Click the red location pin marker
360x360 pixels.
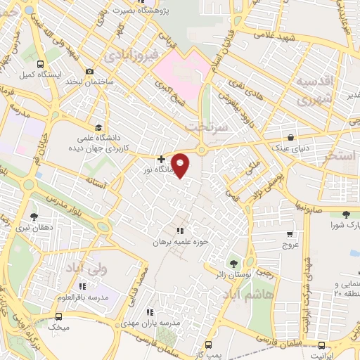tap(181, 165)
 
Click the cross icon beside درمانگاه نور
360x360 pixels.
tap(162, 159)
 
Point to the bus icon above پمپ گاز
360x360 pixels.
tap(207, 345)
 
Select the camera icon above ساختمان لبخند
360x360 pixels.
tap(89, 71)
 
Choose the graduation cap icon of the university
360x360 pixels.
tap(98, 128)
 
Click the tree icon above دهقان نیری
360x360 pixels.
tap(34, 216)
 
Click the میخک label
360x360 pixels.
tap(59, 327)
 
